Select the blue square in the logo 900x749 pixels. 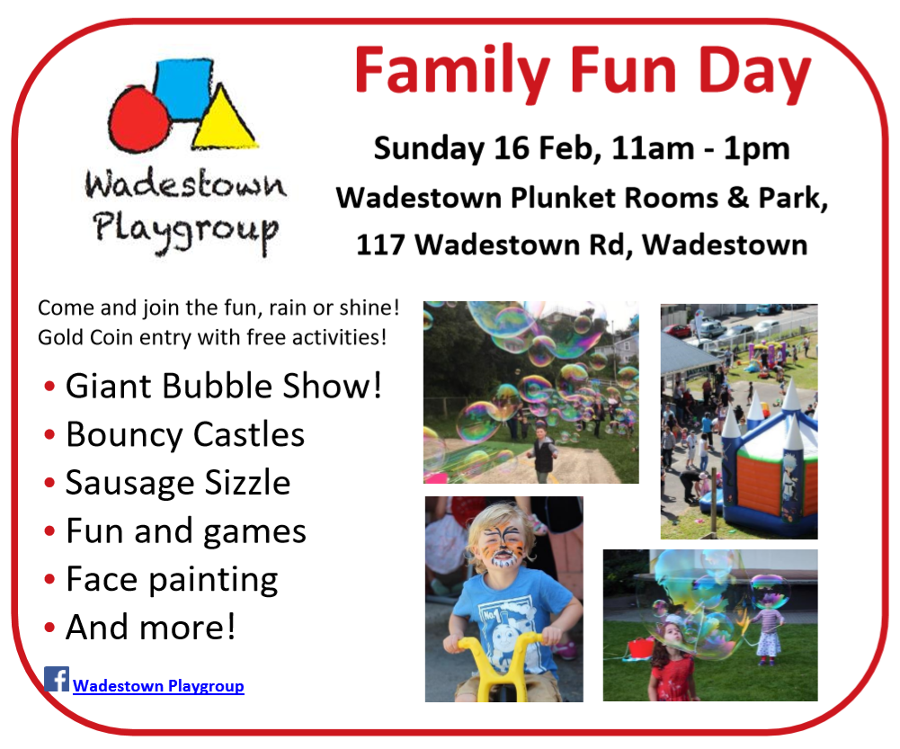click(x=183, y=89)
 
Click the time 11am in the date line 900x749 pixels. click(x=653, y=148)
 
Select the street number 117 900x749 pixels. click(x=380, y=245)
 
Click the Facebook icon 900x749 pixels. click(x=57, y=678)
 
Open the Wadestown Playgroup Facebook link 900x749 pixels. click(x=158, y=685)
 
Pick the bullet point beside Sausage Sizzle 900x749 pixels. click(x=49, y=482)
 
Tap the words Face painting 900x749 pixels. click(x=172, y=579)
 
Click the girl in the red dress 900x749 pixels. click(x=672, y=661)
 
